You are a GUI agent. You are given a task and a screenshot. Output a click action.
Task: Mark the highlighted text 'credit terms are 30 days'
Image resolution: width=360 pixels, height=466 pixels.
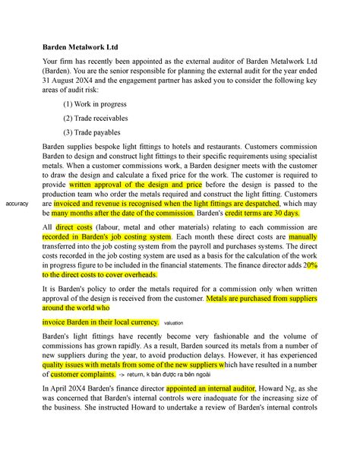248,214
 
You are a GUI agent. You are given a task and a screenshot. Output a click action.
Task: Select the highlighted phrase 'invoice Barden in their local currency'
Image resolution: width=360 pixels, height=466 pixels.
100,322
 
